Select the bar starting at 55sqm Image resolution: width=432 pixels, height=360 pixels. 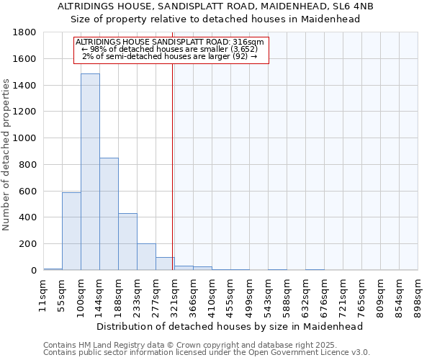coord(71,230)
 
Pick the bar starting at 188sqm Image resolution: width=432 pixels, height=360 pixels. coord(127,241)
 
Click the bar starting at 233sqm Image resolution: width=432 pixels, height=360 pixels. coord(146,256)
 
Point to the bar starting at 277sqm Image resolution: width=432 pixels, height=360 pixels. coord(165,263)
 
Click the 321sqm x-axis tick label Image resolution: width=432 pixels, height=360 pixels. coord(174,296)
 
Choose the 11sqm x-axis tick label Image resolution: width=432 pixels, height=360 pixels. coord(43,294)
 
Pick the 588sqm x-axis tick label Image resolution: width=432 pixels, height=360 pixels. coord(287,296)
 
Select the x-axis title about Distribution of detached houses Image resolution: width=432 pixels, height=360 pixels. coord(230,326)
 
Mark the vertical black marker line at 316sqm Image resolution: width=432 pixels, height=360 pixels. coord(173,180)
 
